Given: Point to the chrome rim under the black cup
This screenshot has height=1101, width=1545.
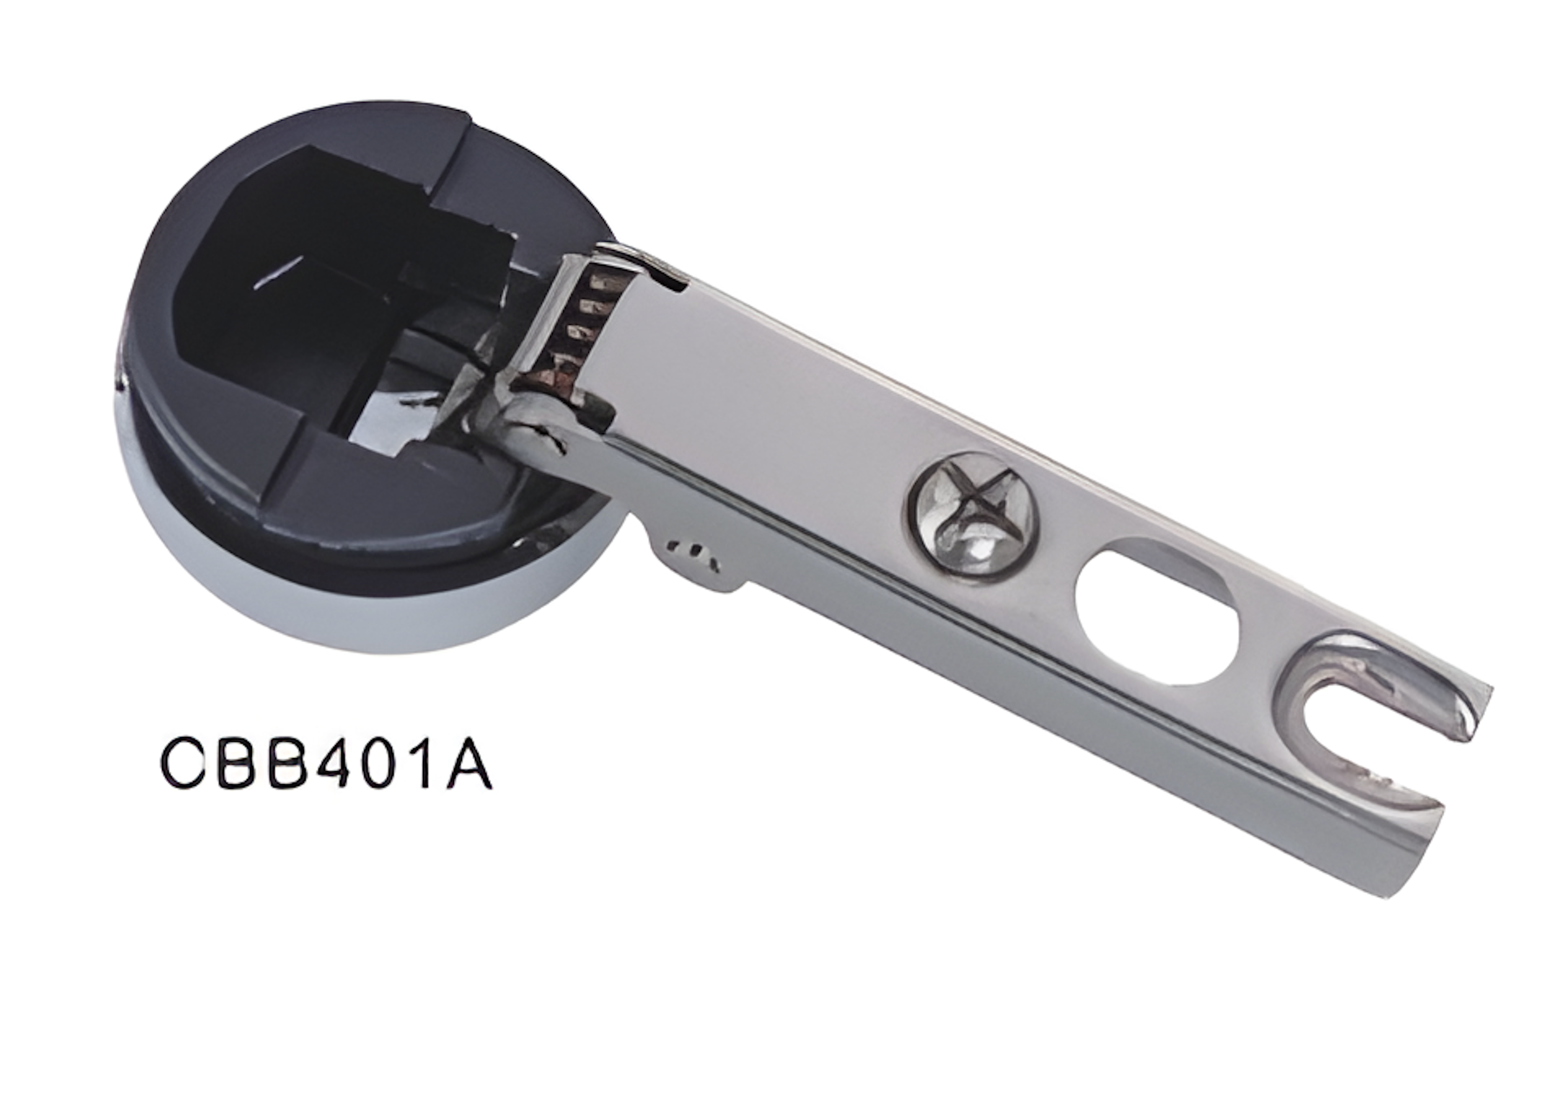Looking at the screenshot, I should pos(380,610).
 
